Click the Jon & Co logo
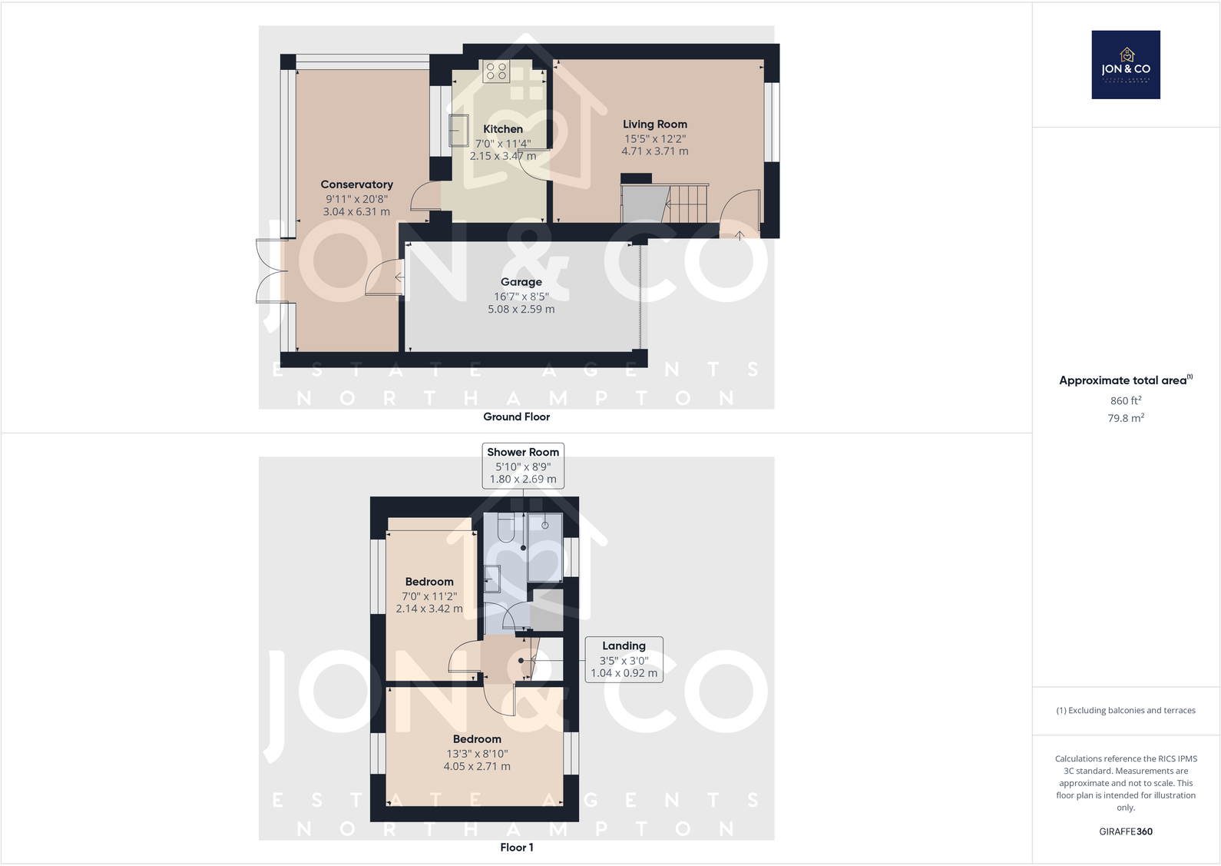pyautogui.click(x=1125, y=65)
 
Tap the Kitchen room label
pyautogui.click(x=503, y=129)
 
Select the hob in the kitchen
pyautogui.click(x=496, y=71)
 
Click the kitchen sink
pyautogui.click(x=458, y=131)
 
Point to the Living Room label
pyautogui.click(x=654, y=124)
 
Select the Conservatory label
pyautogui.click(x=356, y=184)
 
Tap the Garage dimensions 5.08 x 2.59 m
pyautogui.click(x=521, y=309)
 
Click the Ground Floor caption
pyautogui.click(x=516, y=416)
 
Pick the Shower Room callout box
pyautogui.click(x=523, y=465)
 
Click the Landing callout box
pyautogui.click(x=624, y=659)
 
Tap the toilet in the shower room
pyautogui.click(x=506, y=528)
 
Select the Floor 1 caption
pyautogui.click(x=516, y=847)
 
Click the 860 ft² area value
pyautogui.click(x=1125, y=400)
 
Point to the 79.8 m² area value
pyautogui.click(x=1125, y=418)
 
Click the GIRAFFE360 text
pyautogui.click(x=1125, y=831)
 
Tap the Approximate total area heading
pyautogui.click(x=1125, y=380)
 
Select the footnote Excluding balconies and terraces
pyautogui.click(x=1125, y=710)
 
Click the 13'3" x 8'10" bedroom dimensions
pyautogui.click(x=477, y=754)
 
